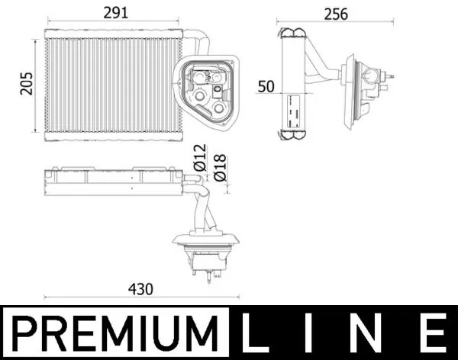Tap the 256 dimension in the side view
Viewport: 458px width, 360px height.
(x=335, y=14)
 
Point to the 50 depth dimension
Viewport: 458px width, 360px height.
(x=266, y=86)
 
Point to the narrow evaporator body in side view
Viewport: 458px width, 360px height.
(x=295, y=84)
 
